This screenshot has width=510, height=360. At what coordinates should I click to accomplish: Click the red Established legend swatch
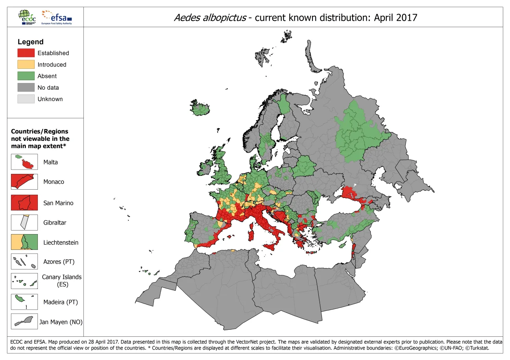click(x=26, y=53)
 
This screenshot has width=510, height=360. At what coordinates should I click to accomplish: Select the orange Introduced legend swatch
click(x=26, y=65)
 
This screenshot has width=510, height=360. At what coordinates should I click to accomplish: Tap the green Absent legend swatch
click(x=26, y=76)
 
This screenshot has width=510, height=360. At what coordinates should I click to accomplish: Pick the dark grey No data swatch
click(x=26, y=87)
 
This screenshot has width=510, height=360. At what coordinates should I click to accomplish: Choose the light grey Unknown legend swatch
click(x=26, y=99)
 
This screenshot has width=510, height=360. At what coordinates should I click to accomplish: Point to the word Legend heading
click(x=30, y=42)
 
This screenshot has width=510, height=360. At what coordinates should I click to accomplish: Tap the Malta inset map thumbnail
click(x=24, y=162)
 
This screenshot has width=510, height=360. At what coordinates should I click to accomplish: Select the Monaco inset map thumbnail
click(x=24, y=182)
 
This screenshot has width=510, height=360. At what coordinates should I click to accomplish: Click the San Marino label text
click(x=58, y=203)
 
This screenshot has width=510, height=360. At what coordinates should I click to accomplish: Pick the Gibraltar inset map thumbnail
click(x=24, y=222)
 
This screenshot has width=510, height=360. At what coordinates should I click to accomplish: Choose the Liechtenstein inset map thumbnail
click(x=24, y=242)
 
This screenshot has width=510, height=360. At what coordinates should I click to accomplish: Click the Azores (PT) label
click(x=59, y=262)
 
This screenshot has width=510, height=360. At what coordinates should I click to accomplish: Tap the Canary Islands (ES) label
click(x=62, y=281)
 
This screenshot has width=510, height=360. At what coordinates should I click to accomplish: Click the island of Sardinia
click(x=251, y=234)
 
